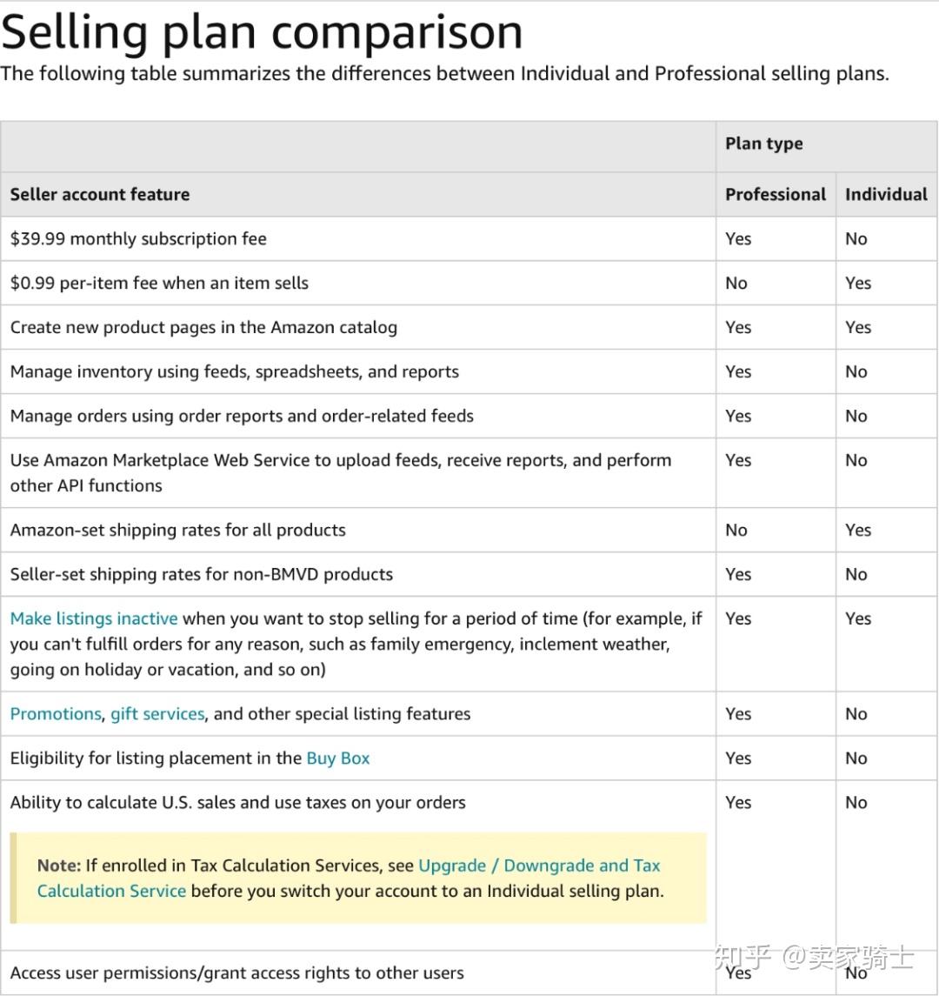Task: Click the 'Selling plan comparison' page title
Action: point(262,32)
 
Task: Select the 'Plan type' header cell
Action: point(763,144)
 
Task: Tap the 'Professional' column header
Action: point(776,194)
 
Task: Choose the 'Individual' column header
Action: point(886,194)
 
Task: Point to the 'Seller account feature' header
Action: point(100,194)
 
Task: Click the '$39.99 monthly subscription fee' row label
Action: point(138,238)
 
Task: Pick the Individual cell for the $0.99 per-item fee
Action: point(858,283)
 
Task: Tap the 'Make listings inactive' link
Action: point(94,618)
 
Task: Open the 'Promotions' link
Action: point(56,713)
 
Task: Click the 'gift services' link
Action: point(157,713)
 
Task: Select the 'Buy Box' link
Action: point(337,758)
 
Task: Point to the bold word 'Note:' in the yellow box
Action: point(59,866)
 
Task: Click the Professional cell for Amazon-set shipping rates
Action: point(736,530)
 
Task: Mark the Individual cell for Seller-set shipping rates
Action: point(856,574)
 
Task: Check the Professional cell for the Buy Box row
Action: point(738,758)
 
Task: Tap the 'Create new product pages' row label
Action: point(203,327)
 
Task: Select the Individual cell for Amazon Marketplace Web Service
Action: point(856,460)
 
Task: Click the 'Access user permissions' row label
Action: point(236,973)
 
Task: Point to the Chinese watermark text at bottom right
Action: point(814,957)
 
